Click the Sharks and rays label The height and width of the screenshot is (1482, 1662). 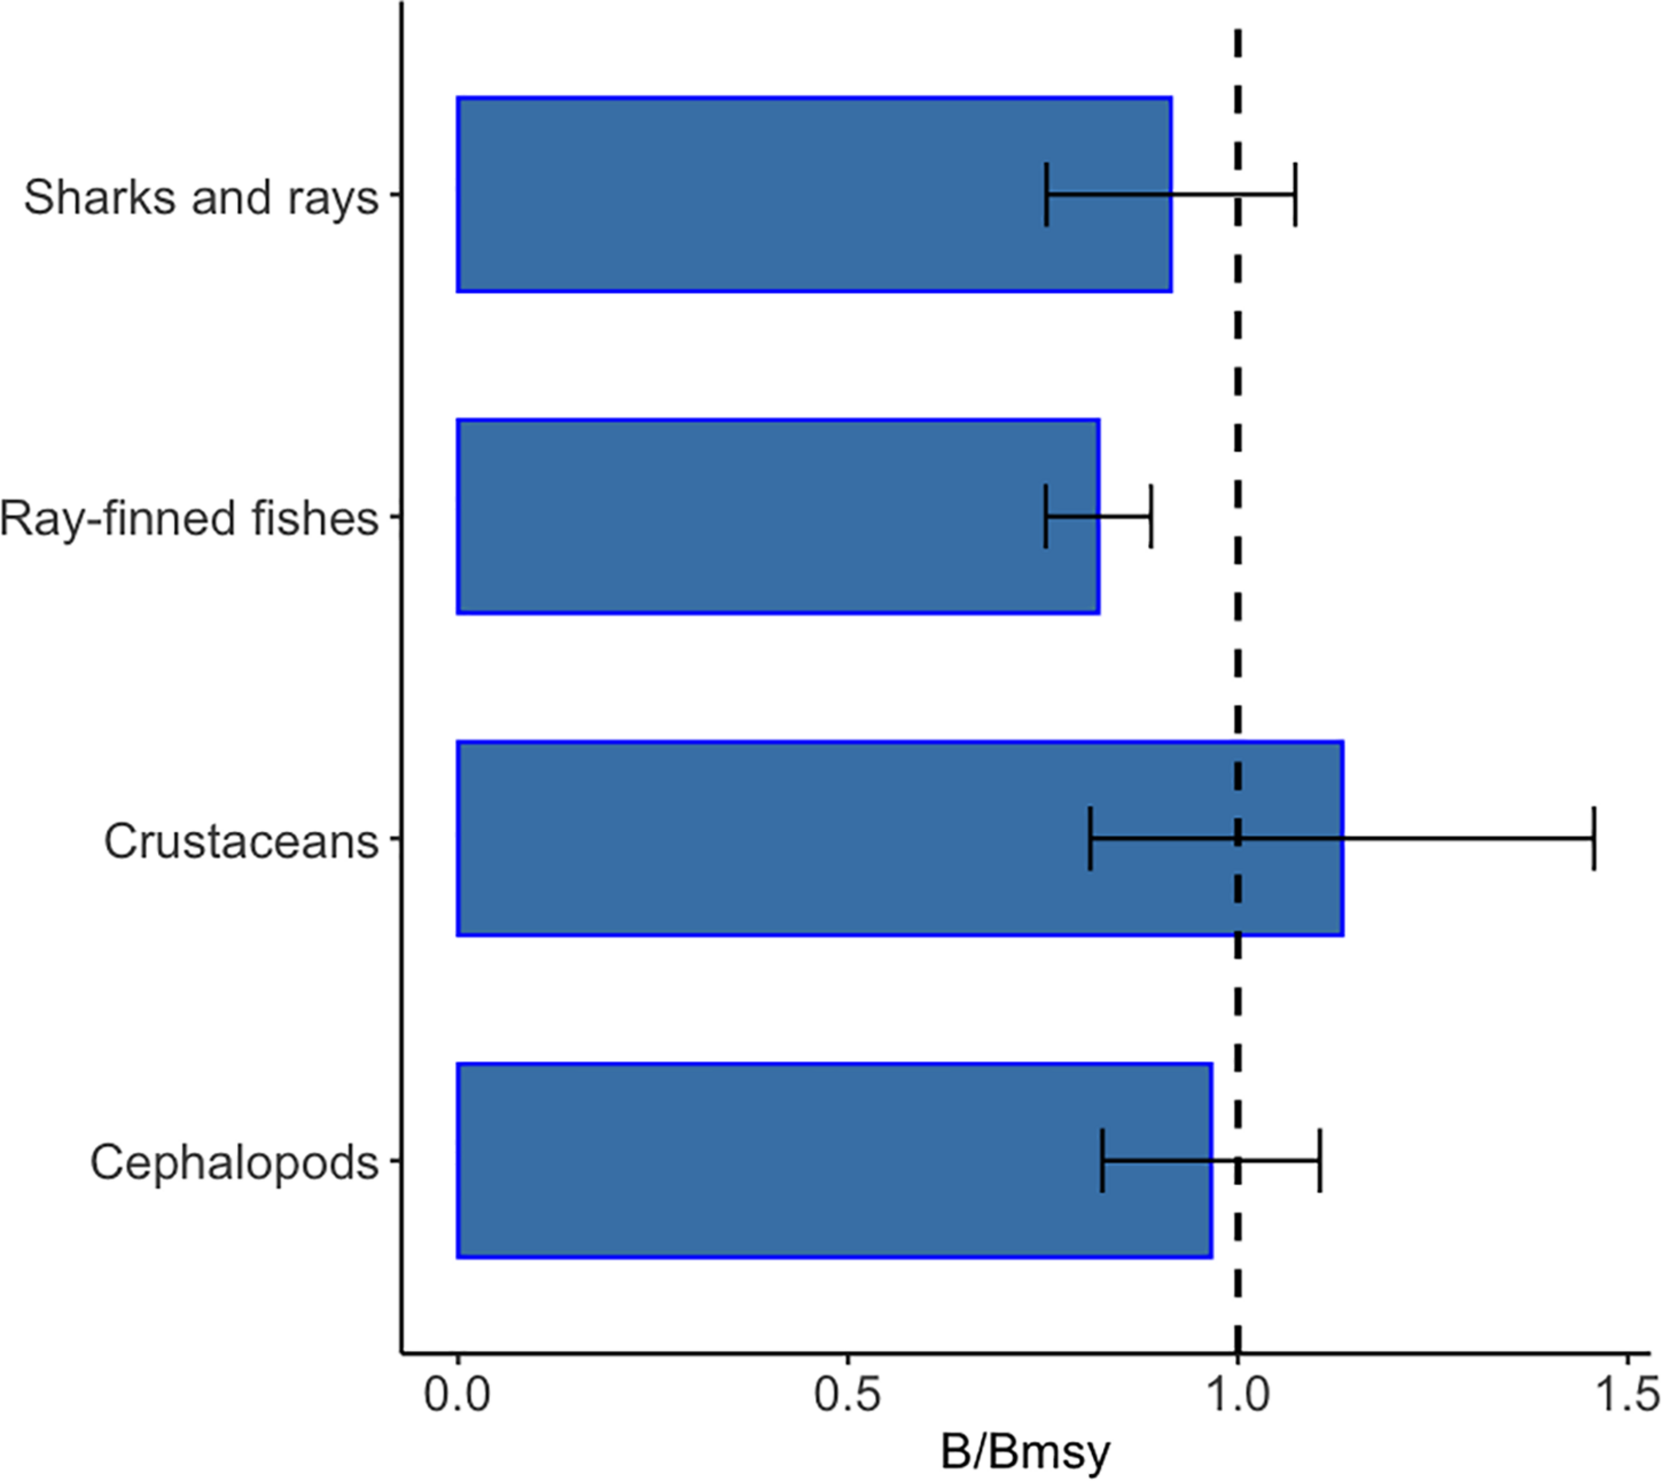tap(201, 196)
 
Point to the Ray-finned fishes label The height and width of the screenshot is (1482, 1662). tap(189, 518)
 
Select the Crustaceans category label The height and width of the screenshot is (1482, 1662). tap(241, 840)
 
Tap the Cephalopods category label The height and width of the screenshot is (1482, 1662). tap(235, 1162)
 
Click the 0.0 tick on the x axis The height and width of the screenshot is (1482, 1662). tap(458, 1395)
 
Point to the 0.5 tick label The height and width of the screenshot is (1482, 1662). tap(848, 1395)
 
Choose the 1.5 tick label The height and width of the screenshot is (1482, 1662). tap(1626, 1395)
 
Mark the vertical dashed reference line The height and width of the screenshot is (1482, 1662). tap(1238, 652)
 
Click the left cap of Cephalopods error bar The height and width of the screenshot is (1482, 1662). tap(1102, 1160)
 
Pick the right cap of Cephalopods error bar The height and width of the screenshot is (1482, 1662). tap(1320, 1160)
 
